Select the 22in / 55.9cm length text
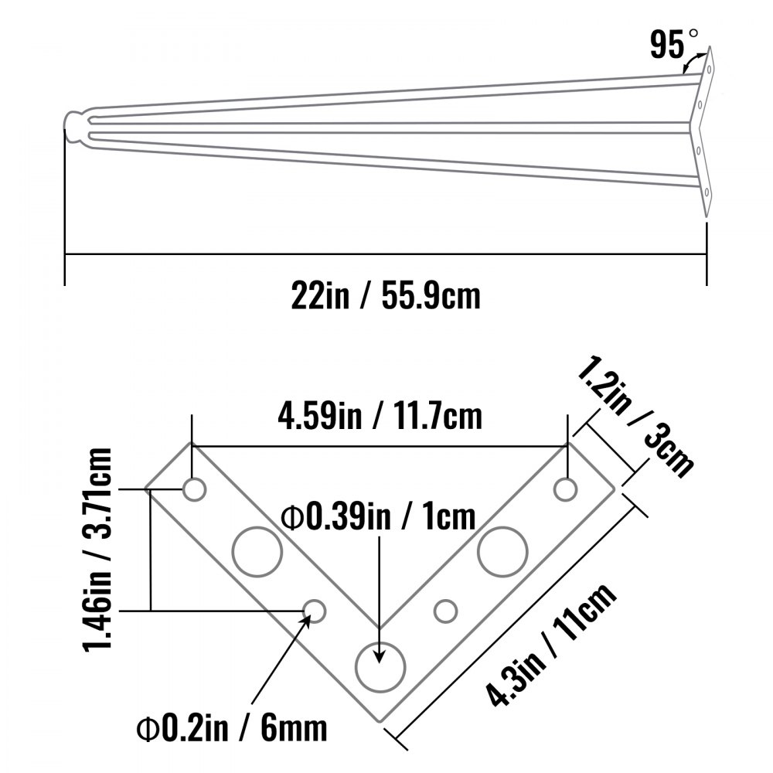coord(386,295)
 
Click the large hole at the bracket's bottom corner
coord(380,666)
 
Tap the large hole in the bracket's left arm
coord(257,552)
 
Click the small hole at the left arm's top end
coord(194,489)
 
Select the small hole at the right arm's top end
coord(566,489)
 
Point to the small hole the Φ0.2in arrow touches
coord(315,611)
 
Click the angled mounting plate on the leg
coord(704,131)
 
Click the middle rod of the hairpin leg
coord(386,128)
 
